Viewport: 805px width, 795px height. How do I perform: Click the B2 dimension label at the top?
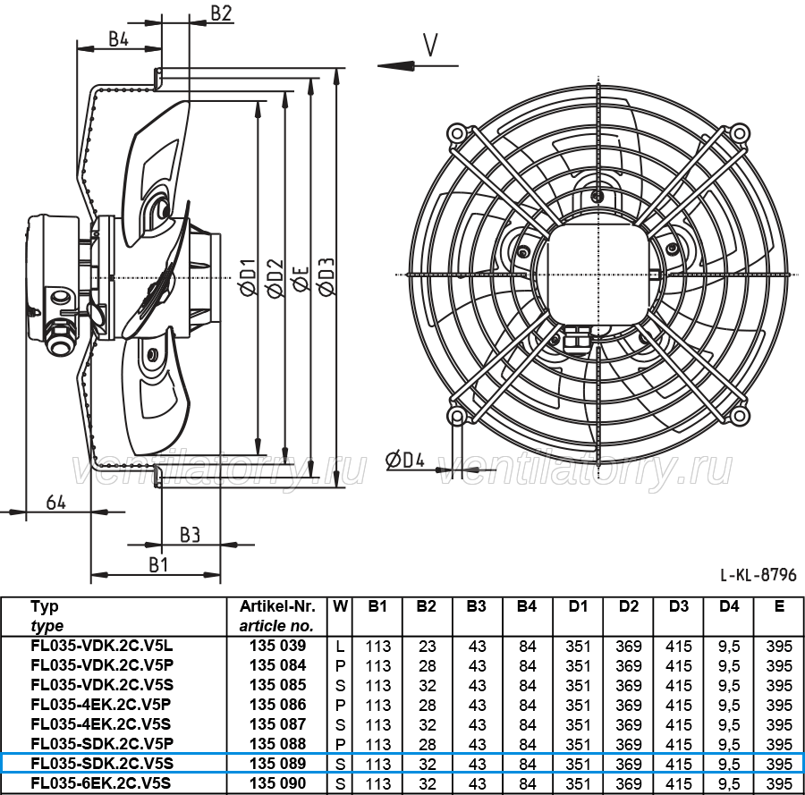coord(221,13)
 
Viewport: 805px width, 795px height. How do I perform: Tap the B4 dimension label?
coord(118,38)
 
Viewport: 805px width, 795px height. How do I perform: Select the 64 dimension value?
coord(55,502)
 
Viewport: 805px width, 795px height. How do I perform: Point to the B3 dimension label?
coord(190,535)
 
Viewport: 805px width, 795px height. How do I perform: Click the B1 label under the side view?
coord(158,564)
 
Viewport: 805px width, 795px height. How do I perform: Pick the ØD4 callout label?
coord(405,460)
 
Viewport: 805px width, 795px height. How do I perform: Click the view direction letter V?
coord(430,45)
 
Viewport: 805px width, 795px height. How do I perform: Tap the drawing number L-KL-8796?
coord(758,574)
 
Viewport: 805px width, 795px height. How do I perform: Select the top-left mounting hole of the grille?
coord(456,133)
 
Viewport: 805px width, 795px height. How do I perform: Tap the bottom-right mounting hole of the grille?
coord(738,415)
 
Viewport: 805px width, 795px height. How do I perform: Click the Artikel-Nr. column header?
coord(277,606)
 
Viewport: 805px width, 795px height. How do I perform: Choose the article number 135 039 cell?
coord(278,646)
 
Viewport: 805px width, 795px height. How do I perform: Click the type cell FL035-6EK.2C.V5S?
coord(100,783)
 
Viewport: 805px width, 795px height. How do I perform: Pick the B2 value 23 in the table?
coord(427,647)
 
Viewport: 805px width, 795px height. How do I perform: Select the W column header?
coord(340,606)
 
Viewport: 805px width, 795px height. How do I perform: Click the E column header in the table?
coord(779,606)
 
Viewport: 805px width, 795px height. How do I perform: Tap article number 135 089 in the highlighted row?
coord(278,764)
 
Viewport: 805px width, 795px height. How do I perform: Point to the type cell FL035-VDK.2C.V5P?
coord(102,665)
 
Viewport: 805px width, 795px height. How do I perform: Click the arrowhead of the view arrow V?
coord(396,65)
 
